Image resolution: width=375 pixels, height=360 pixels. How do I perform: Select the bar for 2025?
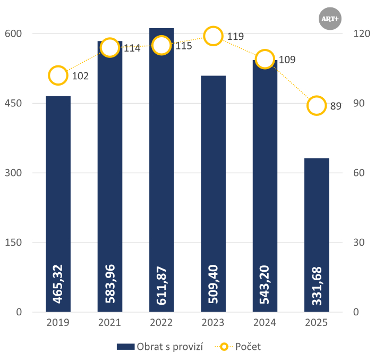[x=317, y=234]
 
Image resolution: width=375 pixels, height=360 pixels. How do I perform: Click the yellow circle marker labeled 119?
[x=213, y=36]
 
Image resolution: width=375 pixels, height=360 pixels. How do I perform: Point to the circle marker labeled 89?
[x=317, y=106]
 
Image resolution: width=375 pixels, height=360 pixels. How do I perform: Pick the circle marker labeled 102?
[x=58, y=76]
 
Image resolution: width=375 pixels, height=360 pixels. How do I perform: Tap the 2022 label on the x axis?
[x=161, y=323]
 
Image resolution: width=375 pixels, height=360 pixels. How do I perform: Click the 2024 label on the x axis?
[x=265, y=323]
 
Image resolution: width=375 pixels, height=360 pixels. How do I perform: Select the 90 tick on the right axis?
[x=361, y=103]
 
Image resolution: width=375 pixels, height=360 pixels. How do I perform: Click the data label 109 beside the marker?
[x=287, y=60]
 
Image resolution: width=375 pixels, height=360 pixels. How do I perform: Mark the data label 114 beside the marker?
[x=132, y=48]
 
